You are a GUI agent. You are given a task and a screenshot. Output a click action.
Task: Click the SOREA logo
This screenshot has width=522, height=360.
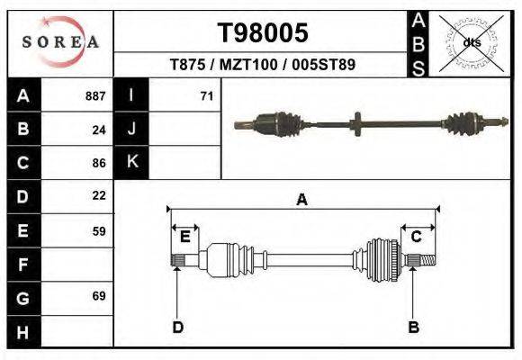(60, 41)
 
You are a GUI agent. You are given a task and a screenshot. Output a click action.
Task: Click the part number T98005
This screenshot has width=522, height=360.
(263, 32)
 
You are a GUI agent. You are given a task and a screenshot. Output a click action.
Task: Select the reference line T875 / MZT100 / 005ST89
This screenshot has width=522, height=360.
(263, 65)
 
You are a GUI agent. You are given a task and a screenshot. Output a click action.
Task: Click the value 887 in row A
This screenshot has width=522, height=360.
(95, 95)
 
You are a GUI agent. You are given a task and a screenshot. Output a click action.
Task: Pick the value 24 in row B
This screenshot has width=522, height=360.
(99, 130)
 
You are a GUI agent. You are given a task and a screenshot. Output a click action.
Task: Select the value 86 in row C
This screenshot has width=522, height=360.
(99, 164)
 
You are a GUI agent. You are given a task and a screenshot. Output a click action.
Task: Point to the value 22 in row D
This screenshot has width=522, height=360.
(99, 195)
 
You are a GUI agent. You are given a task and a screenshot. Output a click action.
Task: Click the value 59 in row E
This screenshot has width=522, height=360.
(99, 230)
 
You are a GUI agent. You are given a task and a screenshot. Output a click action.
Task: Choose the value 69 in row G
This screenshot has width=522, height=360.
(99, 295)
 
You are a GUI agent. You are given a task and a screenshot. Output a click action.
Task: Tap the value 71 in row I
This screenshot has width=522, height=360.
(206, 95)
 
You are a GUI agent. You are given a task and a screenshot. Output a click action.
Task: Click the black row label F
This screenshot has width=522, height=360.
(22, 265)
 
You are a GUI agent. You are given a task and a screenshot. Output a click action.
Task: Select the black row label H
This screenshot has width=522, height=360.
(22, 331)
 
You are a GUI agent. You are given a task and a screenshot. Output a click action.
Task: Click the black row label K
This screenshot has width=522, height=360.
(131, 162)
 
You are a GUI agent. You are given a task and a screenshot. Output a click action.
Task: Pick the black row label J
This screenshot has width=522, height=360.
(131, 129)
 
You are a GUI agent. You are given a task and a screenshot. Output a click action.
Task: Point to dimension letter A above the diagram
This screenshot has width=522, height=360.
(302, 200)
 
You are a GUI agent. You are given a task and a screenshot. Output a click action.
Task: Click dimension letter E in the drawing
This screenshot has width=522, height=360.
(184, 237)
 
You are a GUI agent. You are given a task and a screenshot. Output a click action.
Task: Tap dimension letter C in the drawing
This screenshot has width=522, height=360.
(417, 237)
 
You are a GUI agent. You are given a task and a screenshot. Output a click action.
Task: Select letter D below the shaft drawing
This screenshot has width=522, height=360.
(177, 327)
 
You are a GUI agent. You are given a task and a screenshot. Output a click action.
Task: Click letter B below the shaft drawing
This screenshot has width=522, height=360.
(413, 327)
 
